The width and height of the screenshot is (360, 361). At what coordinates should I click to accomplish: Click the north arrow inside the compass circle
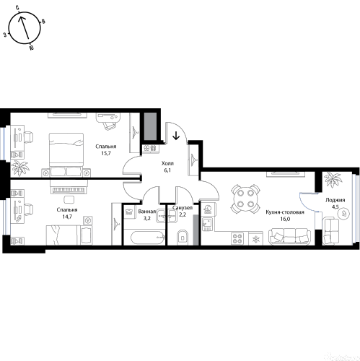pyautogui.click(x=25, y=27)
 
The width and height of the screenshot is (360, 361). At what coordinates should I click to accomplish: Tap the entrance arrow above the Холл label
pyautogui.click(x=176, y=136)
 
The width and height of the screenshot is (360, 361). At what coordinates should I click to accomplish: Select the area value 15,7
pyautogui.click(x=106, y=153)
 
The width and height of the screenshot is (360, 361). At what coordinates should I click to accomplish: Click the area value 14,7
pyautogui.click(x=67, y=217)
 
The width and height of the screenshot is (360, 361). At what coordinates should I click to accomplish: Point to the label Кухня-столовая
pyautogui.click(x=285, y=212)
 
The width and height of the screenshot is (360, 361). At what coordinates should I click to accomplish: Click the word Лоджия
pyautogui.click(x=335, y=200)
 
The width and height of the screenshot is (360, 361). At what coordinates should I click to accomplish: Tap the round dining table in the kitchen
pyautogui.click(x=245, y=199)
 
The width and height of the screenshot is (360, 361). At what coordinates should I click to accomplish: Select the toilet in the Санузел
pyautogui.click(x=183, y=238)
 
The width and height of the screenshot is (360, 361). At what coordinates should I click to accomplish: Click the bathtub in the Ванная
pyautogui.click(x=147, y=238)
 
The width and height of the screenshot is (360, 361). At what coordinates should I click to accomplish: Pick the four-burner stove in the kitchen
pyautogui.click(x=237, y=239)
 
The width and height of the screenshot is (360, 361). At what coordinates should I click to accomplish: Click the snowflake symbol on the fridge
pyautogui.click(x=255, y=239)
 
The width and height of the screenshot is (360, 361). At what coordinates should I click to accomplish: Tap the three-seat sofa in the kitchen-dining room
pyautogui.click(x=290, y=236)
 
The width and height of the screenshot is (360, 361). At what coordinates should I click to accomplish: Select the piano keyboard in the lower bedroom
pyautogui.click(x=69, y=191)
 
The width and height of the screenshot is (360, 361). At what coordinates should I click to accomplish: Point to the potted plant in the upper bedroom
pyautogui.click(x=20, y=168)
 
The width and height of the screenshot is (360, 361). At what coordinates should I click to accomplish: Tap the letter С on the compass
pyautogui.click(x=17, y=9)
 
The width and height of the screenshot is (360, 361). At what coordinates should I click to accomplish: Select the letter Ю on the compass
pyautogui.click(x=31, y=48)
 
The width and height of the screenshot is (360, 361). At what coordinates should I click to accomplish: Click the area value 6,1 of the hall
pyautogui.click(x=167, y=170)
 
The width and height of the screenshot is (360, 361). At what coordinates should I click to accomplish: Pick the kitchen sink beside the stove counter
pyautogui.click(x=207, y=224)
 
